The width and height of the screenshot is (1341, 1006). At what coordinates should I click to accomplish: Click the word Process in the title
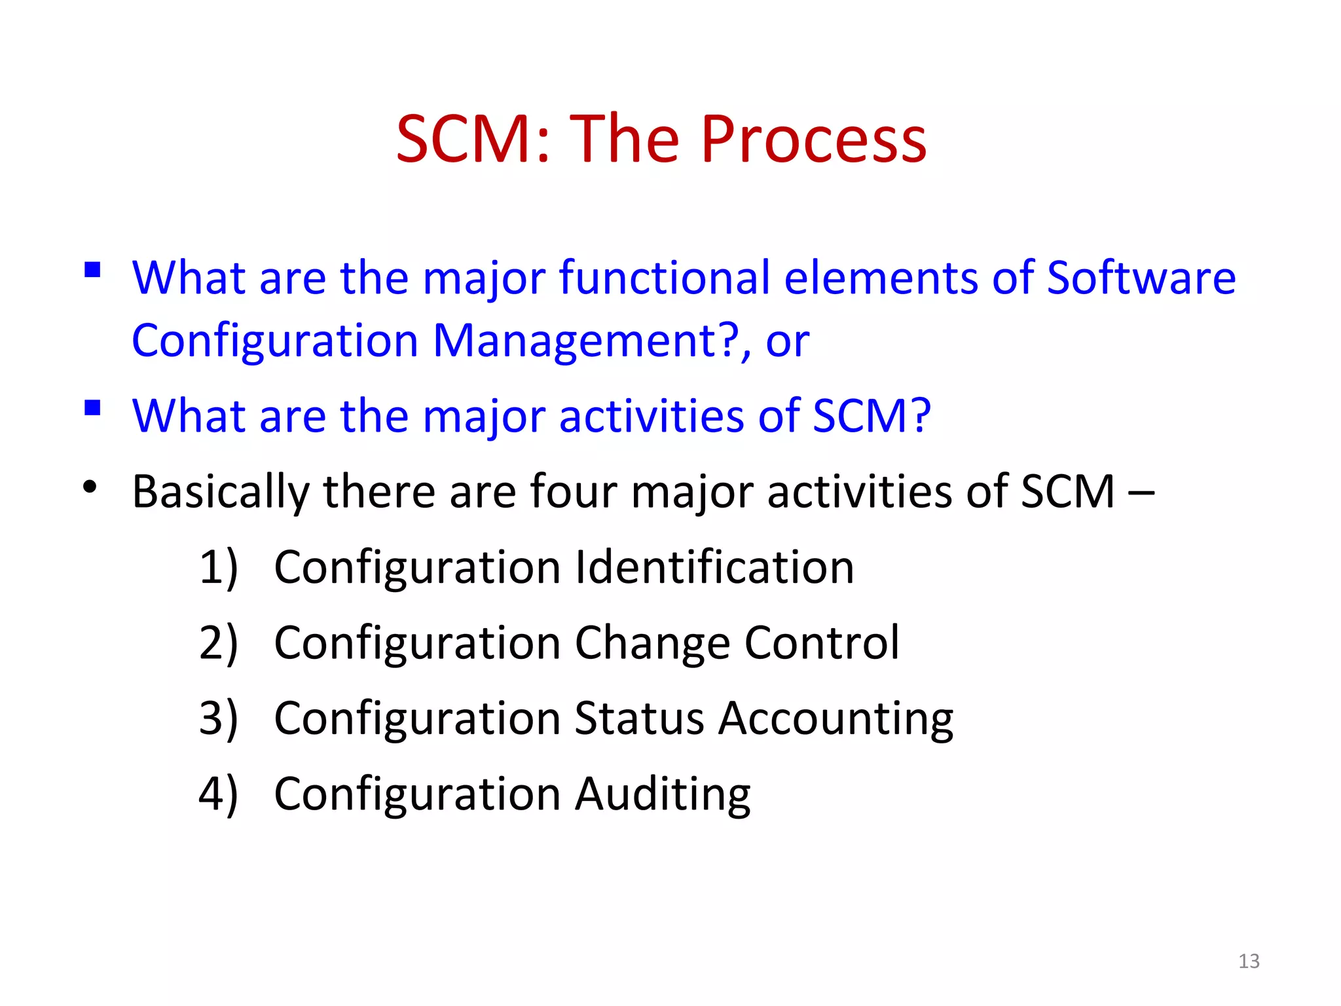(813, 140)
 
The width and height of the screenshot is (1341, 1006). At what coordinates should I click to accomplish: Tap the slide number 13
(1249, 961)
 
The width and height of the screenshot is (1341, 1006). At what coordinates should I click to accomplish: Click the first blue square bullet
(92, 270)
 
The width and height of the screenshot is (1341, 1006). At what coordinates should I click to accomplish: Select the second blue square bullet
(92, 408)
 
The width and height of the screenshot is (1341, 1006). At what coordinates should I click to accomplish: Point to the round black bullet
(90, 487)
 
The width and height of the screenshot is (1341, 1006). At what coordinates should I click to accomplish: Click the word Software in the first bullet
(1141, 278)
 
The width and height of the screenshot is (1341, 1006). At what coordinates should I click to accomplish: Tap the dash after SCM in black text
(1141, 493)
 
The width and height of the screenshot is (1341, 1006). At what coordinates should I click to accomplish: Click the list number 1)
(218, 568)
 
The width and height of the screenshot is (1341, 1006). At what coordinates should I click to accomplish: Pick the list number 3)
(218, 718)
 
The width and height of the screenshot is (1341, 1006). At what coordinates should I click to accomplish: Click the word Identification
(714, 567)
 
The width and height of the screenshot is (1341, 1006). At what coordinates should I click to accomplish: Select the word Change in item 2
(652, 644)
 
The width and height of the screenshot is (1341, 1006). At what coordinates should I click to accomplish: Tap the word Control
(822, 643)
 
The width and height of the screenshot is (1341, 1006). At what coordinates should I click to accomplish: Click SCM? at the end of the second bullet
(871, 416)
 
